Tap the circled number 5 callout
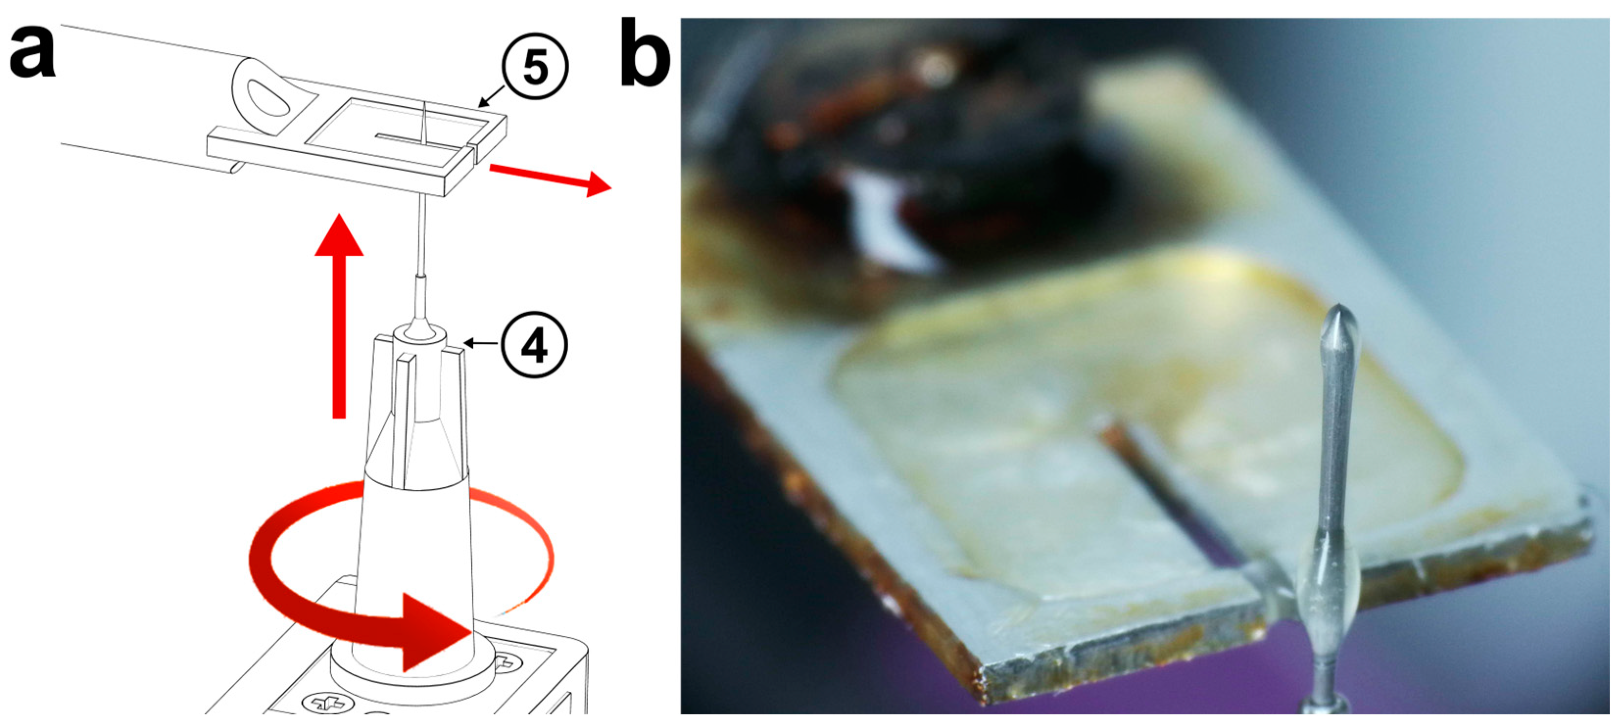pyautogui.click(x=535, y=67)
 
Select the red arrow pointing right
pyautogui.click(x=550, y=179)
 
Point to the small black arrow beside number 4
pyautogui.click(x=482, y=344)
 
